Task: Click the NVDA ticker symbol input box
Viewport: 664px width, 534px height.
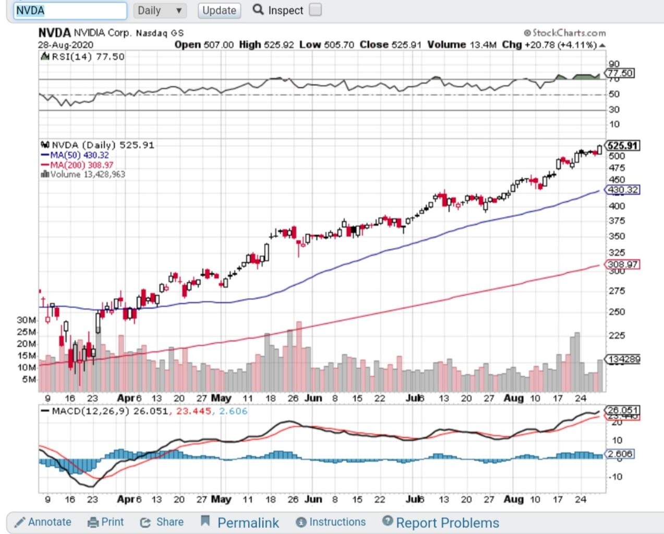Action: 70,10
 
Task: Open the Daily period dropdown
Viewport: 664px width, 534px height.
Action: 160,10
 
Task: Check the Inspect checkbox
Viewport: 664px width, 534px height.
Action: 315,10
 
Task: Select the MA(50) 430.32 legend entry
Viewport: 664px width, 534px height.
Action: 76,155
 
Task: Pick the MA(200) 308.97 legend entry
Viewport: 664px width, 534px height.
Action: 78,165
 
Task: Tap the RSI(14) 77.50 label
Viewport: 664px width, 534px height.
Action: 83,56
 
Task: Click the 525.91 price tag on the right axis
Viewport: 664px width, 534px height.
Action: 622,145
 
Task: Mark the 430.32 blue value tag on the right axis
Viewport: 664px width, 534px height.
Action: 622,190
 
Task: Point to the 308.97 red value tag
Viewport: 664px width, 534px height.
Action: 622,264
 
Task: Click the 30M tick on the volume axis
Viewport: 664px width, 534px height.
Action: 26,320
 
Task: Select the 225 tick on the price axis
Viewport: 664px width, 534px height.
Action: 617,335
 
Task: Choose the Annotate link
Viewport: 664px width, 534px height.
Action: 43,522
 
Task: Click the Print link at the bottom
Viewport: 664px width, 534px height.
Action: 106,522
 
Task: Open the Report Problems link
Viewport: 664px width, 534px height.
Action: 441,523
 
